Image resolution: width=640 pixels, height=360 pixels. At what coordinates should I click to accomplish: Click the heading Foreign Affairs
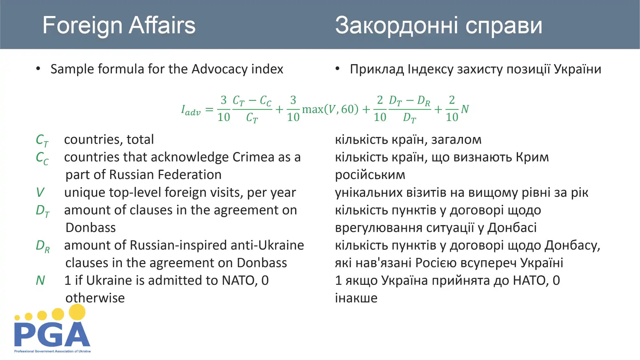[x=119, y=26]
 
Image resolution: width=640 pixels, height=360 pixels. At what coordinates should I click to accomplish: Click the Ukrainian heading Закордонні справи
[x=439, y=25]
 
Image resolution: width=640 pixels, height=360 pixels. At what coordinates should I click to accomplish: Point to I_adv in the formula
[x=191, y=110]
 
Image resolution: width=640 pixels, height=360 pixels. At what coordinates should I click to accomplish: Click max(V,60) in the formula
[x=330, y=109]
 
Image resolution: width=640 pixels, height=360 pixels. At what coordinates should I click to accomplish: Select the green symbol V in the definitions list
[x=40, y=192]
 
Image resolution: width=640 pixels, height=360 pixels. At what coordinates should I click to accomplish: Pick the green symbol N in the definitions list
[x=40, y=280]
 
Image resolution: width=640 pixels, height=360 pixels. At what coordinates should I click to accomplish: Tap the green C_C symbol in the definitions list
[x=42, y=158]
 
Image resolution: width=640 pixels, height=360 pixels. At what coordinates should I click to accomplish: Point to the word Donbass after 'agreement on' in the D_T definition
[x=91, y=228]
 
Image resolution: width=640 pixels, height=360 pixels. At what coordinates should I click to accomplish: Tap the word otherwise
[x=95, y=298]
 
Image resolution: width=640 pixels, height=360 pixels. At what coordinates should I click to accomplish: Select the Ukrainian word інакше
[x=356, y=298]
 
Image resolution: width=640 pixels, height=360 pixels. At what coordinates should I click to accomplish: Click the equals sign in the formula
[x=209, y=110]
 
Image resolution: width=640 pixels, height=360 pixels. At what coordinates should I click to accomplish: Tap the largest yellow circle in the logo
[x=77, y=312]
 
